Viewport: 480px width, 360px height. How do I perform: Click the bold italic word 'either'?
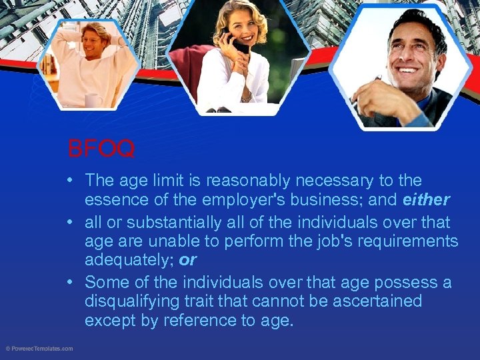coord(427,201)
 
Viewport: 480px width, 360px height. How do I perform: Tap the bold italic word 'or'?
coord(188,261)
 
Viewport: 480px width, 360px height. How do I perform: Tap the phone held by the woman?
coord(237,45)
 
